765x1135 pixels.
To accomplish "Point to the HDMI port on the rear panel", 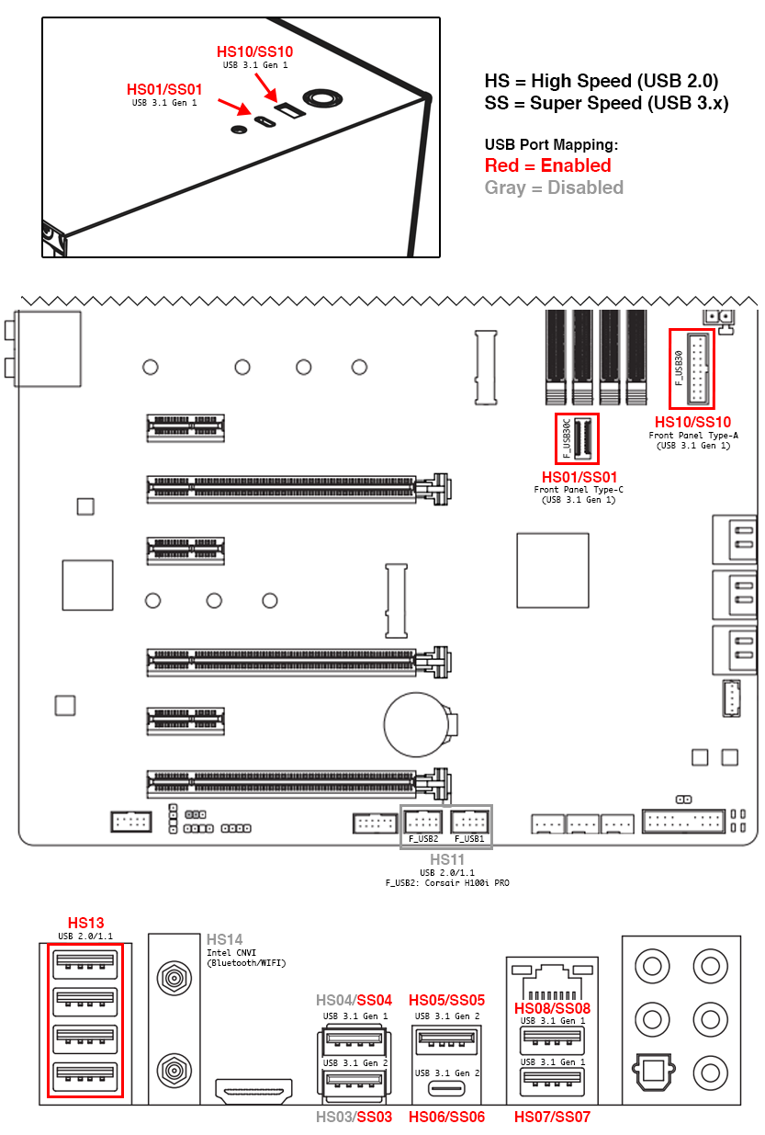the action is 253,1091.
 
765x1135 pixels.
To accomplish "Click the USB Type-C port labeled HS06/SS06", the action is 445,1091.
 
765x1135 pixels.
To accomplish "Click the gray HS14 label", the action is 224,939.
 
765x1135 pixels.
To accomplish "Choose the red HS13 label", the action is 86,923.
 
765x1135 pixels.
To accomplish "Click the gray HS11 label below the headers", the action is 446,860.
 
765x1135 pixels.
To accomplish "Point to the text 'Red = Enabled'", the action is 547,165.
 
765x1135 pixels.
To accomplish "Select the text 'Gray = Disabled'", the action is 554,187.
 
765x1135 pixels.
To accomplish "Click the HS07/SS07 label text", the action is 552,1118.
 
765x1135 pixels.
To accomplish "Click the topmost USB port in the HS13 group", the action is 84,962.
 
